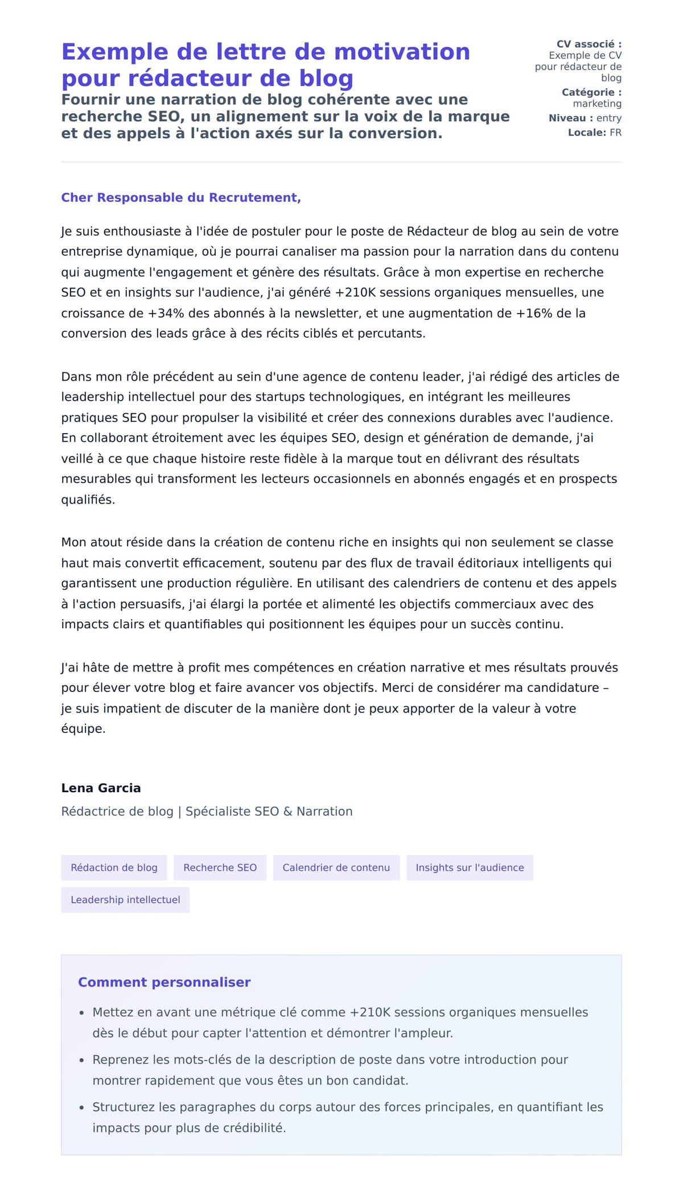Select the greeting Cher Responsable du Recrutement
pyautogui.click(x=181, y=197)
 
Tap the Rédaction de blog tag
pyautogui.click(x=114, y=867)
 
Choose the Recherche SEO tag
pyautogui.click(x=220, y=867)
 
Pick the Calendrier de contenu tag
pyautogui.click(x=336, y=867)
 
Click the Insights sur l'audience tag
pyautogui.click(x=470, y=867)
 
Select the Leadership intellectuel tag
pyautogui.click(x=125, y=899)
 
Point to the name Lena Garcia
pyautogui.click(x=101, y=788)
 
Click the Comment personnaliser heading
pyautogui.click(x=164, y=982)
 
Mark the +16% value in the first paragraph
pyautogui.click(x=534, y=313)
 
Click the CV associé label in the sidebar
pyautogui.click(x=589, y=44)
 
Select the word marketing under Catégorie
pyautogui.click(x=597, y=104)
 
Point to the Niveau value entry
pyautogui.click(x=608, y=118)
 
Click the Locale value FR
pyautogui.click(x=615, y=133)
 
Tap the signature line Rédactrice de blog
pyautogui.click(x=117, y=811)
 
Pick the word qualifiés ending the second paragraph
pyautogui.click(x=88, y=500)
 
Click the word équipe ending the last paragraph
pyautogui.click(x=83, y=728)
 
